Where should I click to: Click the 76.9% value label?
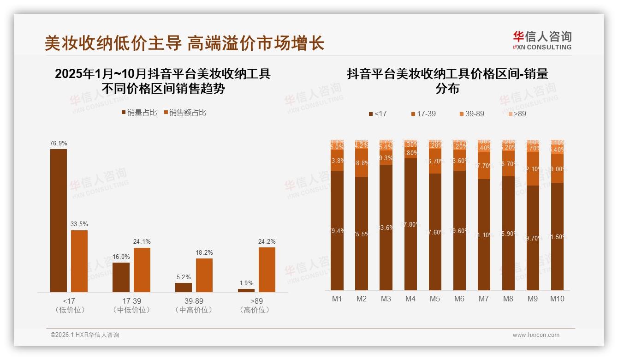(x=59, y=144)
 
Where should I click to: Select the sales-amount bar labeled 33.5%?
(x=79, y=261)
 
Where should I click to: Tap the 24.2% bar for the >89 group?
(x=267, y=270)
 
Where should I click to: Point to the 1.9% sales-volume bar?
(x=246, y=290)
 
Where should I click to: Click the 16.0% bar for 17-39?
(x=121, y=277)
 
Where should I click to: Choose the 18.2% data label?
(x=204, y=253)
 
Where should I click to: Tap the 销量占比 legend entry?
(x=139, y=113)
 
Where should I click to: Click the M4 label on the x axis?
(x=410, y=299)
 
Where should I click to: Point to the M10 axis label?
(x=557, y=299)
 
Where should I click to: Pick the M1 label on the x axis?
(x=337, y=299)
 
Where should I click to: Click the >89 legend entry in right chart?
(x=517, y=114)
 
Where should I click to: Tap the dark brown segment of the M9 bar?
(x=533, y=238)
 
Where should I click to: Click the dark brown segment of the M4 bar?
(x=410, y=224)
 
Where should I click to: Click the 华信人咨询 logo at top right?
(x=542, y=40)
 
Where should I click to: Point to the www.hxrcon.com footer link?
(x=536, y=335)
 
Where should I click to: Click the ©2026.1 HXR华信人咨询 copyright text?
(x=85, y=335)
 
